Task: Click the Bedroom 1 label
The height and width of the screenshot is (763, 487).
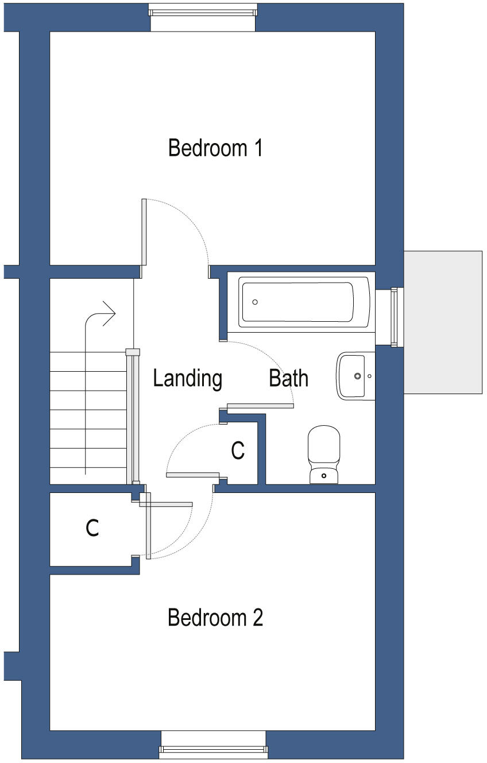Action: tap(215, 148)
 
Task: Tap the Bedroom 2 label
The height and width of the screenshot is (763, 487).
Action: tap(215, 618)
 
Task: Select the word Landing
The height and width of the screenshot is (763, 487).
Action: tap(187, 379)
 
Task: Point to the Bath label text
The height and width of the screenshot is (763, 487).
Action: tap(288, 379)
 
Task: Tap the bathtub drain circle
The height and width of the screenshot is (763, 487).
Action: tap(255, 302)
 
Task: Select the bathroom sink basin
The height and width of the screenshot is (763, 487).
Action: tap(353, 376)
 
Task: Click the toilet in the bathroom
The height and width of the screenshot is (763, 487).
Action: tap(324, 454)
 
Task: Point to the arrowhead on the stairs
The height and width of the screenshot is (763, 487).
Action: tap(110, 314)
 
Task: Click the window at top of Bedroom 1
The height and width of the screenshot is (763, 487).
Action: tap(203, 10)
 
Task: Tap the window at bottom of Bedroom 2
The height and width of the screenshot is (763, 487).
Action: tap(213, 748)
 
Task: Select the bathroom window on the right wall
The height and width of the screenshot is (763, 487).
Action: tap(394, 317)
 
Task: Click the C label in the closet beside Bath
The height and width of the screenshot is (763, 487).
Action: tap(238, 451)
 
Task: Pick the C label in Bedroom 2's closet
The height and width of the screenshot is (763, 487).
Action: tap(92, 527)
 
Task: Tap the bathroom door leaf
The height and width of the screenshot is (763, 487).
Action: tap(260, 406)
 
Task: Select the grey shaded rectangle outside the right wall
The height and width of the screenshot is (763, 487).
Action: tap(442, 322)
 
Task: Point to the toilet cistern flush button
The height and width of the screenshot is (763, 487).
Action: tap(324, 476)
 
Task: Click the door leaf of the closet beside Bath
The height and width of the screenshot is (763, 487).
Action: tap(193, 475)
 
